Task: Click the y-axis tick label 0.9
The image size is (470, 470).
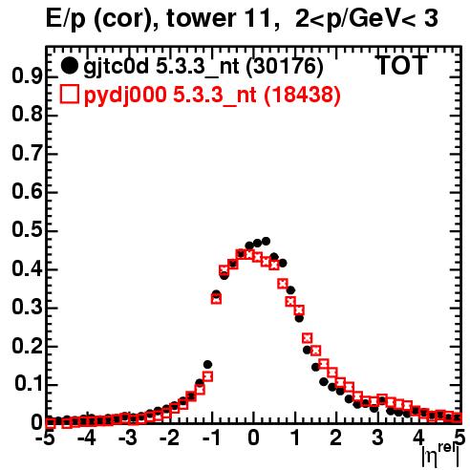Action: click(x=27, y=76)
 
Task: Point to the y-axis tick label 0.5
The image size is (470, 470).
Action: click(x=27, y=230)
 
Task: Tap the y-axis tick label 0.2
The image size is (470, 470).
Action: click(x=27, y=346)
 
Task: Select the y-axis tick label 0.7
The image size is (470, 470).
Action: click(x=27, y=154)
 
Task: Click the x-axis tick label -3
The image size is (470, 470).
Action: click(x=128, y=438)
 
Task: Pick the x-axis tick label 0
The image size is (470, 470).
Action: click(x=253, y=438)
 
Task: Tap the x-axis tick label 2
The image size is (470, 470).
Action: click(x=336, y=438)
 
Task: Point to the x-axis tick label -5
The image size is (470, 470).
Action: click(x=46, y=438)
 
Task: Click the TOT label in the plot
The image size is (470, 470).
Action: click(x=402, y=65)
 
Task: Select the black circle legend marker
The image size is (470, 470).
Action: click(x=69, y=65)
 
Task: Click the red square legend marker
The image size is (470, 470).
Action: click(x=69, y=94)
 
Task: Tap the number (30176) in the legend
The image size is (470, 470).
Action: click(x=285, y=66)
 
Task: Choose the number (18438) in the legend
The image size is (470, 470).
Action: click(x=302, y=95)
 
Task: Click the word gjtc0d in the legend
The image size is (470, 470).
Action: click(x=117, y=67)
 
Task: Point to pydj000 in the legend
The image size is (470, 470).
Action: click(x=125, y=96)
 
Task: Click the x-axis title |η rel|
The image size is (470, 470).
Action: click(x=441, y=455)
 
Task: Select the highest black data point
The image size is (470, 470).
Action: click(x=267, y=242)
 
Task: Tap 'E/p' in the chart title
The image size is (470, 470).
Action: click(x=66, y=20)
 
